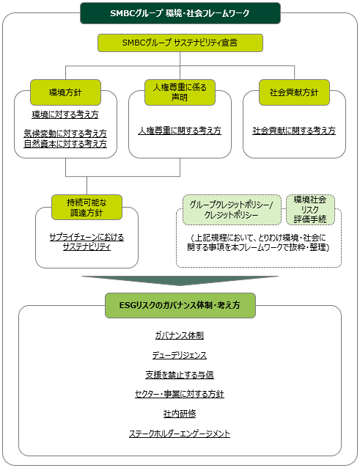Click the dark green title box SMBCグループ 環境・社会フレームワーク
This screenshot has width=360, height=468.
180,13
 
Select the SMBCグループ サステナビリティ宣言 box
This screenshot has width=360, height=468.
180,43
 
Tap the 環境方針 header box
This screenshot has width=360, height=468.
65,92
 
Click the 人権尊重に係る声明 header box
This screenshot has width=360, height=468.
180,92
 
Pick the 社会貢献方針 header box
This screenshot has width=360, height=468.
294,92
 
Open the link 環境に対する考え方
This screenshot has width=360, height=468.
65,114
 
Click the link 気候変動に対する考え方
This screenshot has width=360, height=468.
65,133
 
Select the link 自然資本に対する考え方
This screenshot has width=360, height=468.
65,144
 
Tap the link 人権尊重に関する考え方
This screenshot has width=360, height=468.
180,131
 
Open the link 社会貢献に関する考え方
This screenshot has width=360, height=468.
294,131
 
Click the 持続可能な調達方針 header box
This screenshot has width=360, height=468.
87,208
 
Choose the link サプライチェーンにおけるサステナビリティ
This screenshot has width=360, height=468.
87,242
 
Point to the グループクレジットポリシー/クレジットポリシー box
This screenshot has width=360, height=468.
232,210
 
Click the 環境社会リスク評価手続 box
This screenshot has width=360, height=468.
310,210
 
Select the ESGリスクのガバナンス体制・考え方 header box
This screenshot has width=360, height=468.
180,305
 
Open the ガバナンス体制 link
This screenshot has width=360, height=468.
180,335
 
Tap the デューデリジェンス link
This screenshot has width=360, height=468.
180,355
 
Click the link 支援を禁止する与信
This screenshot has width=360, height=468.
180,375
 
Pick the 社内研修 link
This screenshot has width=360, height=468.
180,414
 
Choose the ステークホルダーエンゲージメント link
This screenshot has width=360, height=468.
180,434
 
